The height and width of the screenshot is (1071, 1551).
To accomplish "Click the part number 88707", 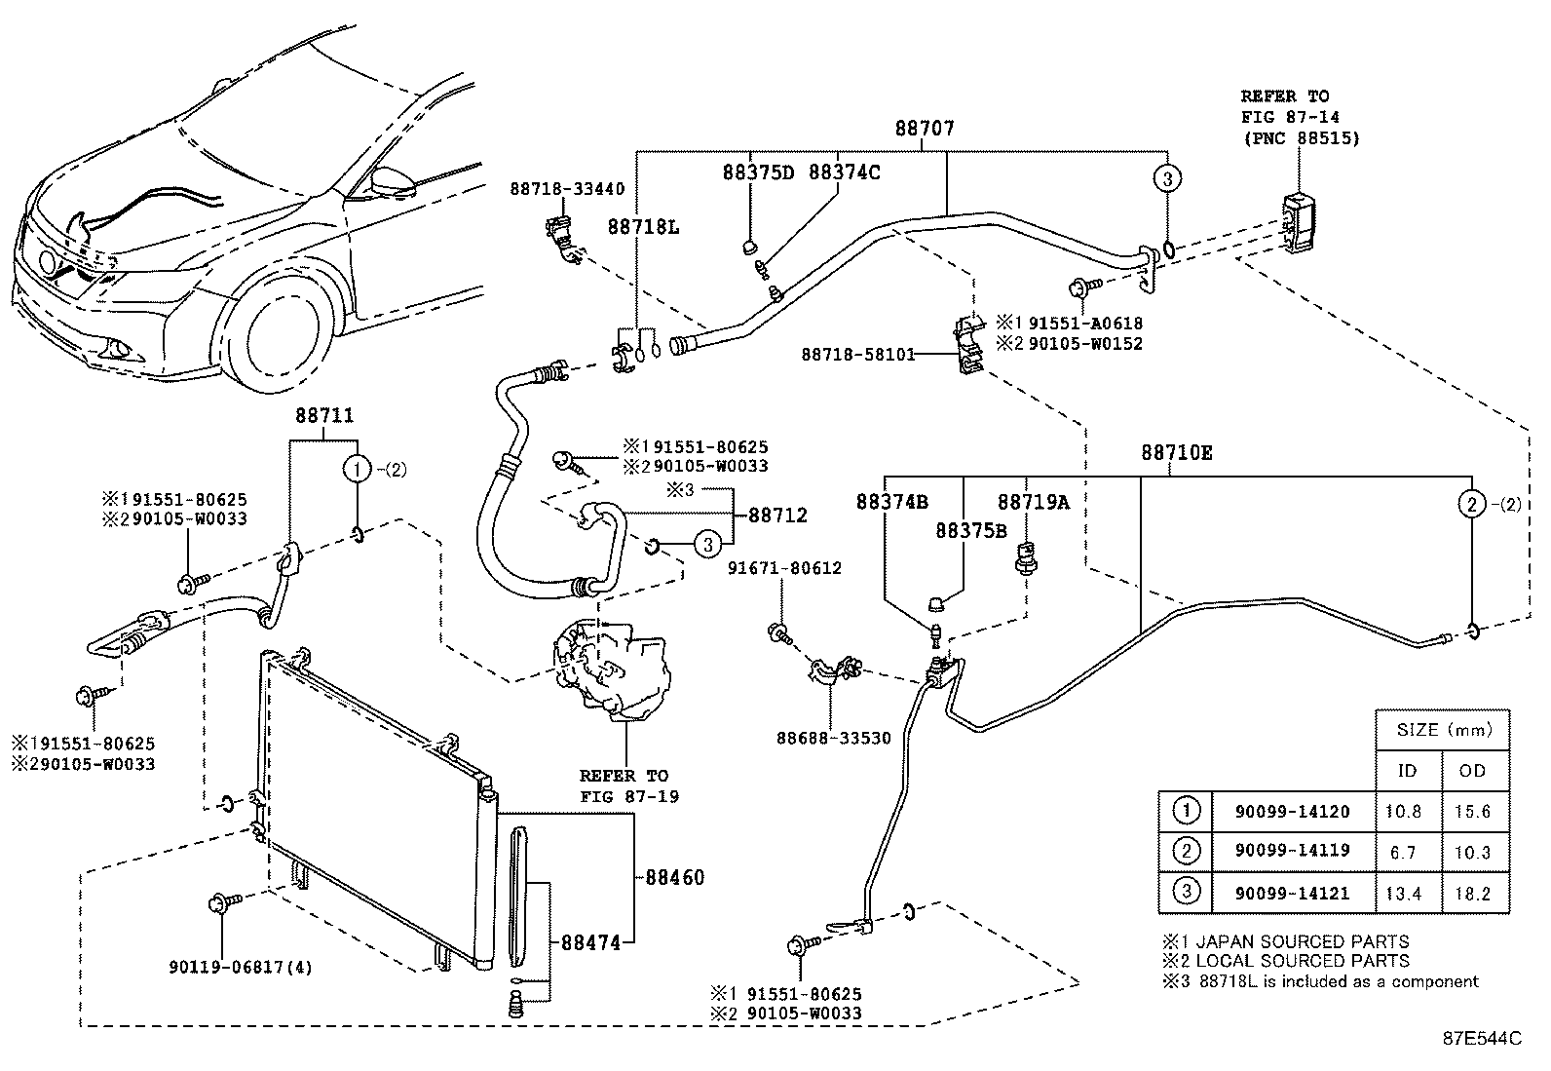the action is [925, 129].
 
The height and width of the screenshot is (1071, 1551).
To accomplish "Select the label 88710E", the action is [1177, 453].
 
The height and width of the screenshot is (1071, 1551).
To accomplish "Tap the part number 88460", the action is [674, 878].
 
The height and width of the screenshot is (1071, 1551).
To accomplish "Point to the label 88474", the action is [590, 942].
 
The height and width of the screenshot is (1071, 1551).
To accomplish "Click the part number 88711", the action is [324, 416].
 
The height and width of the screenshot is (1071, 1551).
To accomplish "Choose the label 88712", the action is [777, 516].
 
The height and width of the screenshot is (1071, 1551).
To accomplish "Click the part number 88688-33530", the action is [834, 739].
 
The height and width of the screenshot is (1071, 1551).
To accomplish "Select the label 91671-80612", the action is [784, 568].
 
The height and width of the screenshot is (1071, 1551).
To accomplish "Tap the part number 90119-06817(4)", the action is [241, 967].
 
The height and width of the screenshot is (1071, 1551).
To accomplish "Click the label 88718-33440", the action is [567, 189].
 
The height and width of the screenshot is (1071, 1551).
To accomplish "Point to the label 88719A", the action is [1033, 502].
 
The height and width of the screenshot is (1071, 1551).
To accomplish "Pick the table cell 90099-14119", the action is [1293, 851].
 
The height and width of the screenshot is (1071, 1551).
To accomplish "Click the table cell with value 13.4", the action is [1404, 894].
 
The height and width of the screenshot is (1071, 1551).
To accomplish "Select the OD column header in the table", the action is [1472, 771].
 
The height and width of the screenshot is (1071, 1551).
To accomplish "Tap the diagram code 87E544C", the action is [1482, 1039].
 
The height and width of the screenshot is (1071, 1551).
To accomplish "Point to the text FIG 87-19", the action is [629, 796].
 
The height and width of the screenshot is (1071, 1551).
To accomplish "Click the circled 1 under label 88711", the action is [357, 471].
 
